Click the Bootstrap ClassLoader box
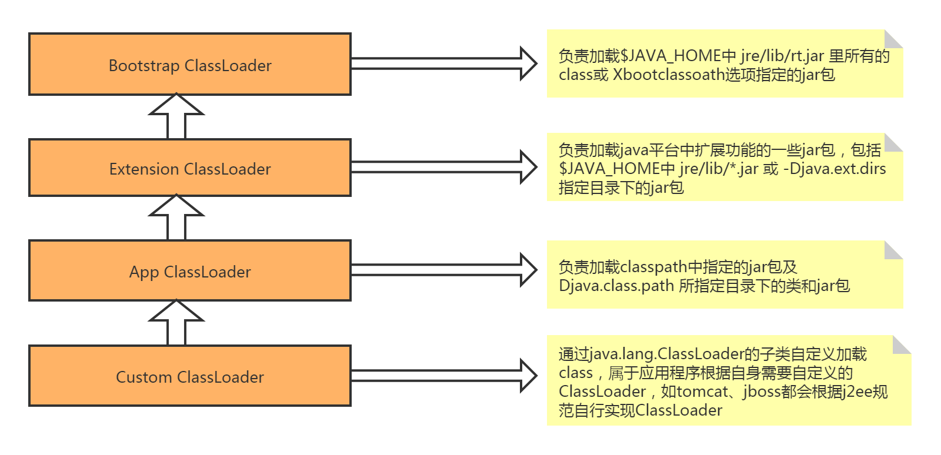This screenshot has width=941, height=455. click(x=189, y=65)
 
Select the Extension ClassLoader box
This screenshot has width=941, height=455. click(x=189, y=168)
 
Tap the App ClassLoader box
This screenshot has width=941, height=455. click(x=189, y=271)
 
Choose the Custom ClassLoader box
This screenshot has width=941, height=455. click(x=189, y=376)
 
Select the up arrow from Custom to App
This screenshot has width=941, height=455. click(x=176, y=324)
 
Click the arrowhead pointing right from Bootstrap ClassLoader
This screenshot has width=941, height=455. click(x=528, y=63)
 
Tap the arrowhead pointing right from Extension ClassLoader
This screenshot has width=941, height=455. click(x=528, y=167)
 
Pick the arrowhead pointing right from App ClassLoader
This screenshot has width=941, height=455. click(x=528, y=270)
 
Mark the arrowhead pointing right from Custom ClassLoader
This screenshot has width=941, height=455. click(x=528, y=375)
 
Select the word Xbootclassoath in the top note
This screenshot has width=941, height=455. click(x=668, y=75)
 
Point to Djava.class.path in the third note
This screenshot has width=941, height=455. click(x=616, y=286)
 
